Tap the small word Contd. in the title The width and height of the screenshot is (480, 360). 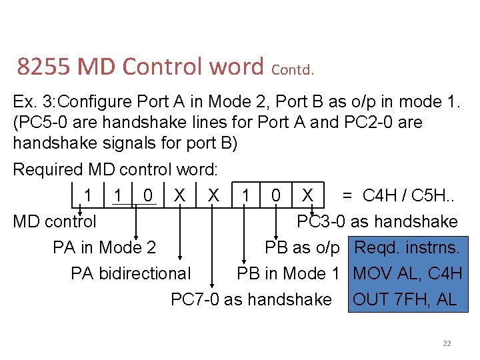293,69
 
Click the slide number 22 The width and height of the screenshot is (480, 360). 447,343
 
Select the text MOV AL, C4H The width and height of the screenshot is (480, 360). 407,273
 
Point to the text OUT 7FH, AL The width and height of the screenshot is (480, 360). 405,299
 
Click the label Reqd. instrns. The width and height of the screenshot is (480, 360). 407,248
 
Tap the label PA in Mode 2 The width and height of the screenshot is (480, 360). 104,248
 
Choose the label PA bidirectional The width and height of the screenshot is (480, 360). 130,273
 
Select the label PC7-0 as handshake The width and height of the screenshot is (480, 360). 251,299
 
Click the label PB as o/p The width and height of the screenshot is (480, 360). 302,248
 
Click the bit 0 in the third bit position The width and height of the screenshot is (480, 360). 148,195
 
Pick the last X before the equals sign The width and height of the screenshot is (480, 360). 307,195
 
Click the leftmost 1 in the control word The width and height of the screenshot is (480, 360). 88,195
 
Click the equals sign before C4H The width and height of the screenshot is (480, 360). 347,195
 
